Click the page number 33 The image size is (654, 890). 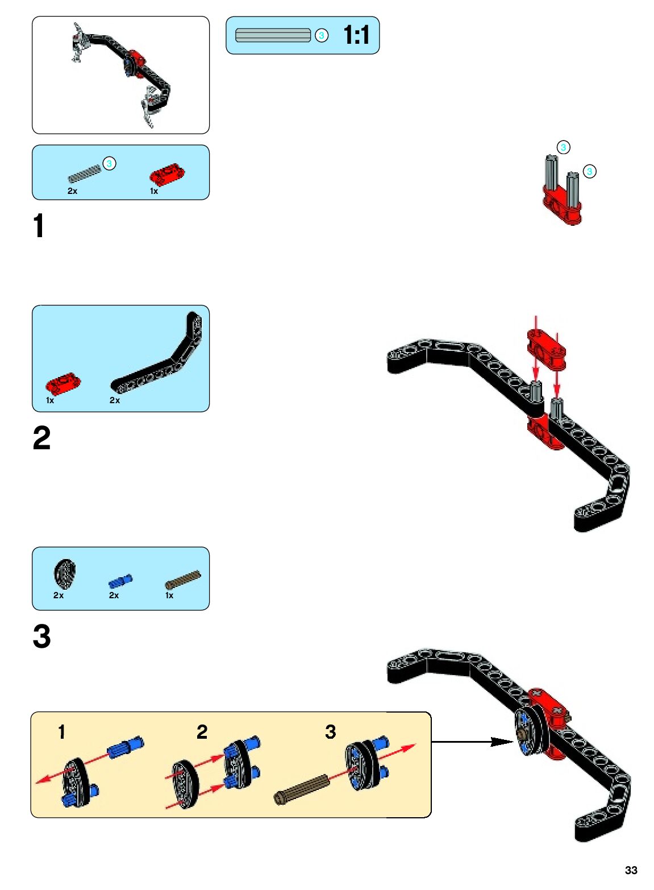tap(631, 870)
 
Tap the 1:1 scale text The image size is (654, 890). tap(356, 35)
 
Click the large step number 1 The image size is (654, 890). tap(39, 226)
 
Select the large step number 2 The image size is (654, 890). tap(41, 438)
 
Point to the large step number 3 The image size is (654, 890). tap(41, 636)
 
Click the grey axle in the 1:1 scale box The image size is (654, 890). tap(273, 35)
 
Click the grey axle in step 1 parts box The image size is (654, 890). tap(85, 173)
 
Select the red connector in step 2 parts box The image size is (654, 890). tap(63, 384)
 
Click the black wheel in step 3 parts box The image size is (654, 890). tap(65, 574)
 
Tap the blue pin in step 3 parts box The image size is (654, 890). tap(120, 581)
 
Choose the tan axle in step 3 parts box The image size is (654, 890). tap(182, 580)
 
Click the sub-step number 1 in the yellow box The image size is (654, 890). tap(62, 732)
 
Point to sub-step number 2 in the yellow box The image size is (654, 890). tap(202, 732)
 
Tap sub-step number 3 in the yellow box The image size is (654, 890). tap(331, 732)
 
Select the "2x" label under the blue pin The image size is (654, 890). tap(114, 595)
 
